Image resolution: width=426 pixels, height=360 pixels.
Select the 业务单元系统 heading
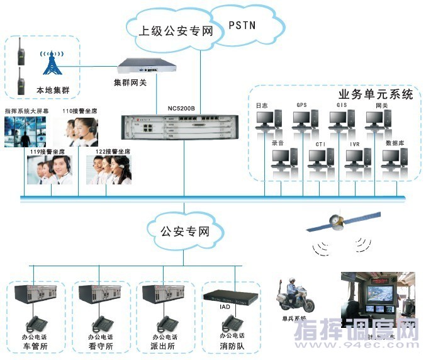[x=376, y=95]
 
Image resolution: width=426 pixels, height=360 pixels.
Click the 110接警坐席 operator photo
[x=79, y=131]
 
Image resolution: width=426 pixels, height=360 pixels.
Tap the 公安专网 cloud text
[x=184, y=231]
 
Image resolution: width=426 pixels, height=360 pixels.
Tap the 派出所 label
[x=162, y=347]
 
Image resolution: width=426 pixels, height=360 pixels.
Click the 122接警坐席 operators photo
[x=109, y=169]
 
